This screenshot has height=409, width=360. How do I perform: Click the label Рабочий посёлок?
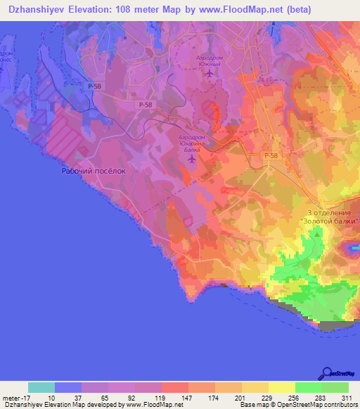[x=94, y=170]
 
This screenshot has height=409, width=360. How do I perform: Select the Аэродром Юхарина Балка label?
[x=192, y=139]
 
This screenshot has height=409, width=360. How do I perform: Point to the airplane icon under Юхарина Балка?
[x=191, y=160]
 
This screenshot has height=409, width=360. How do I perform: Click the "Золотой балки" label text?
[x=329, y=221]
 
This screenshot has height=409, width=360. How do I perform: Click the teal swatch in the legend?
[x=41, y=387]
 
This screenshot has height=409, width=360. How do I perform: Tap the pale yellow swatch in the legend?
[x=282, y=387]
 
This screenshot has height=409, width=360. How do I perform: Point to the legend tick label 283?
[x=321, y=397]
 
